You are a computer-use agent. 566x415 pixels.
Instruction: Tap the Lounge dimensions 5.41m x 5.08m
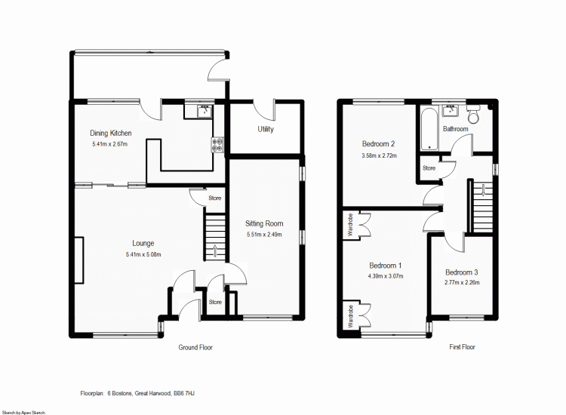click(143, 254)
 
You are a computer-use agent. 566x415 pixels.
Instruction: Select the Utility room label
click(266, 130)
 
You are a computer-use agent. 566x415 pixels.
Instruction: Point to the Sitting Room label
click(264, 223)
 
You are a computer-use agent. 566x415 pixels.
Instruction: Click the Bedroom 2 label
click(379, 144)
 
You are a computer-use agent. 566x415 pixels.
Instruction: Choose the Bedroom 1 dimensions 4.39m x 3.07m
click(386, 276)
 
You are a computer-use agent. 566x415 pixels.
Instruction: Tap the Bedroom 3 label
click(461, 272)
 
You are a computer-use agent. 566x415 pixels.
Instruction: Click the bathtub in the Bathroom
click(429, 129)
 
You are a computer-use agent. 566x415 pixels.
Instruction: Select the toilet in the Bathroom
click(474, 115)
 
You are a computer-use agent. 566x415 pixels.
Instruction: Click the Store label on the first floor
click(429, 168)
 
